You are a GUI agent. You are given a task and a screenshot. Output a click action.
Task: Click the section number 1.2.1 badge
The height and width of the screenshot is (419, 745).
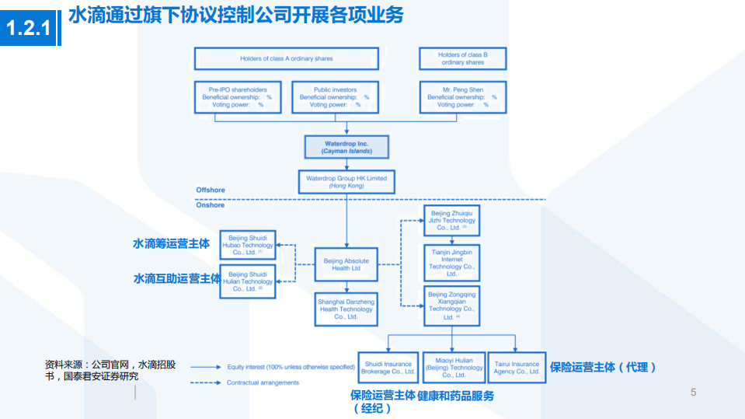tap(29, 29)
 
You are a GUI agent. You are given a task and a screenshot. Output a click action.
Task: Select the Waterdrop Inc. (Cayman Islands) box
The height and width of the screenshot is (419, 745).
tap(346, 148)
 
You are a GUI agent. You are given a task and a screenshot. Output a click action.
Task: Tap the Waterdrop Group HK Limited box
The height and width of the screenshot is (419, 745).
tap(346, 182)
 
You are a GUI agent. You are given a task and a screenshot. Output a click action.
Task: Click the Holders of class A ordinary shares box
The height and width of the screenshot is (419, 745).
tap(286, 58)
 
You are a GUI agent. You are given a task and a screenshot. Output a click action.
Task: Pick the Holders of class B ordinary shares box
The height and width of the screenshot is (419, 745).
tap(462, 58)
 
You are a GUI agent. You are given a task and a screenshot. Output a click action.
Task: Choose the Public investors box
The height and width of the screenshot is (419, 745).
tap(336, 97)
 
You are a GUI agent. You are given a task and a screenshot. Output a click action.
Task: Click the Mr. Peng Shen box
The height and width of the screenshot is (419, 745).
tap(462, 97)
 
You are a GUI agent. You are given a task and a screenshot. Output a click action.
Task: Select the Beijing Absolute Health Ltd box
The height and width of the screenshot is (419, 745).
tap(346, 264)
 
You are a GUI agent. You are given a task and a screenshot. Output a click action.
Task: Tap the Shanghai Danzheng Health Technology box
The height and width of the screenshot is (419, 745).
tap(346, 309)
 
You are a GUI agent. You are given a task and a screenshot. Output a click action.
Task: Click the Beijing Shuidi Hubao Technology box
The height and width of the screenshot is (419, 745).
tap(248, 245)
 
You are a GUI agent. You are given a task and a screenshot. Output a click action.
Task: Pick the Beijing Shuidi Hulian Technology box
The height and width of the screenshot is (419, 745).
tap(248, 281)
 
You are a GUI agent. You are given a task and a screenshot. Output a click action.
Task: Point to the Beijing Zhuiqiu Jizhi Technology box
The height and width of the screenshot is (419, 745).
tap(451, 220)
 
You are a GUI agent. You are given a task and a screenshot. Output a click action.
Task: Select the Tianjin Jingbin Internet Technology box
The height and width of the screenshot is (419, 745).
tap(451, 263)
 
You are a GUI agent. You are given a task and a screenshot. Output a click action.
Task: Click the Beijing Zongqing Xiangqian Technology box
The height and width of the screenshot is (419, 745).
tap(451, 306)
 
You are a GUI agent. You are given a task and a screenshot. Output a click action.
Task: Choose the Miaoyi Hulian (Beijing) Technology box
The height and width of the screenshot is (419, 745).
tap(454, 368)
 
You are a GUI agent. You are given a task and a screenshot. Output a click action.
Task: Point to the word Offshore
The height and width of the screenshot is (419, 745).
tap(210, 190)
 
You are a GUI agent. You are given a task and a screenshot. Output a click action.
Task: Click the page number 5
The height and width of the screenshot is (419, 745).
tap(693, 392)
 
